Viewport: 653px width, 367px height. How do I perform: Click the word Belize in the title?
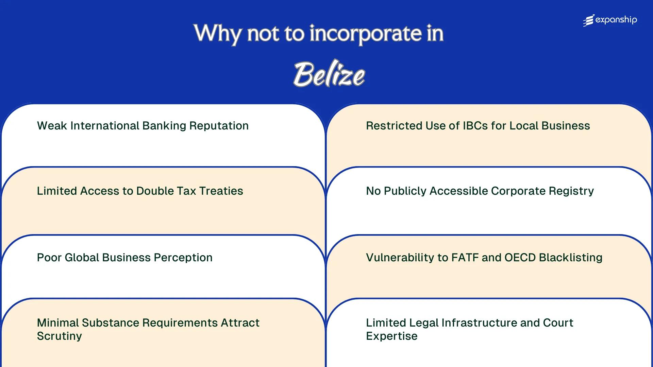tap(329, 74)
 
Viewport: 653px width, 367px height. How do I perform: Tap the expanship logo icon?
tap(589, 20)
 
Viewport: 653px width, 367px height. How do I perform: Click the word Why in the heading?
tap(217, 34)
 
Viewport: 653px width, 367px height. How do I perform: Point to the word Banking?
tap(164, 126)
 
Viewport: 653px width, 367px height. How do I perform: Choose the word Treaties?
tap(221, 191)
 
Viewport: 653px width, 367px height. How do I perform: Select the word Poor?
tap(49, 258)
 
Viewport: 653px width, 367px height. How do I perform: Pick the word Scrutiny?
tap(59, 336)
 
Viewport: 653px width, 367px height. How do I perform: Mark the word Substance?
tap(110, 323)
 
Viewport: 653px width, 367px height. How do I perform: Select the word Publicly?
tap(405, 191)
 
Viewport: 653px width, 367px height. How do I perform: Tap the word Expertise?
tap(391, 336)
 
